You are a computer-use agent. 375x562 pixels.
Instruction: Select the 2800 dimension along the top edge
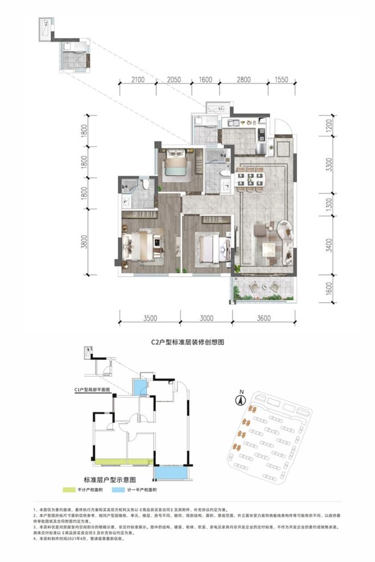tap(244, 80)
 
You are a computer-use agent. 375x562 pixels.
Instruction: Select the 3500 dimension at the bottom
tap(150, 318)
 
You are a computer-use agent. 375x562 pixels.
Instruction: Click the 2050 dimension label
tap(174, 80)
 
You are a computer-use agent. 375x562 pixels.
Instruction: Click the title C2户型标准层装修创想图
tap(188, 343)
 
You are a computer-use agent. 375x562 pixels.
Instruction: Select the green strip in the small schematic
tap(123, 461)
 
